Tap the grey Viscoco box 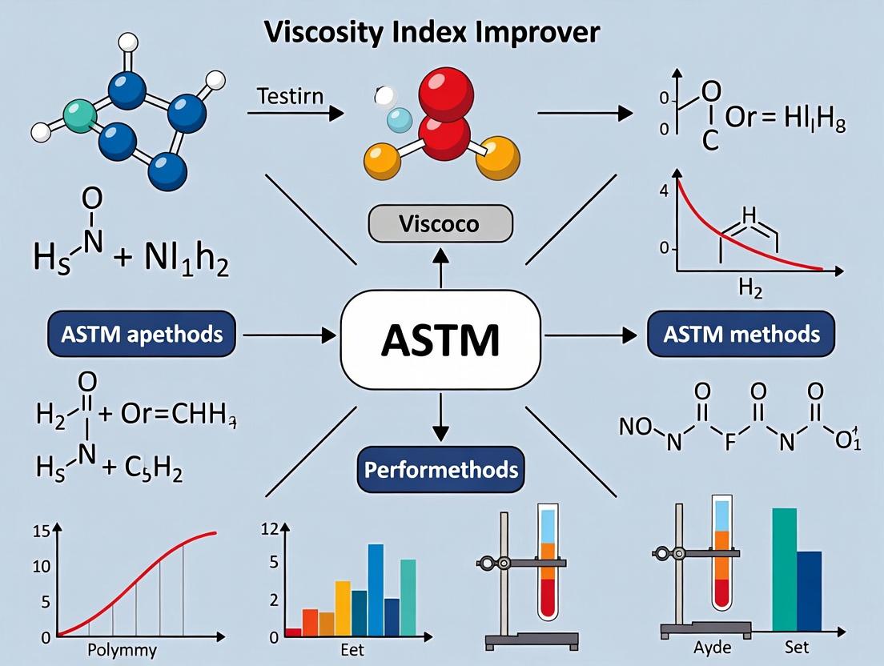[440, 224]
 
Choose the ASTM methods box [740, 333]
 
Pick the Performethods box [440, 469]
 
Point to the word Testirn [290, 98]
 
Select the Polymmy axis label [121, 649]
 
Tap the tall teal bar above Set [785, 571]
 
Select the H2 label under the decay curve [750, 290]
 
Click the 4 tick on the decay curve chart [663, 191]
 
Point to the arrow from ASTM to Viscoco [440, 266]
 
